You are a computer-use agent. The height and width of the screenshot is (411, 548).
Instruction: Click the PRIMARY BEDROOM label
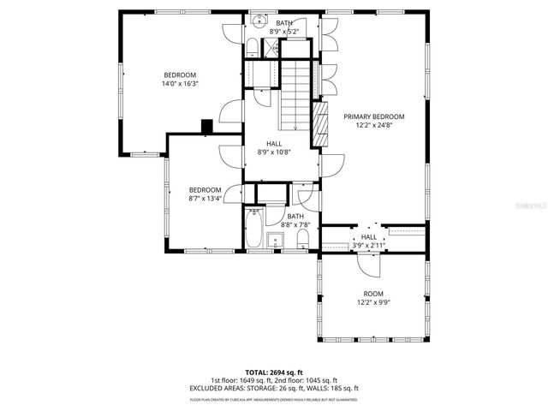(374, 116)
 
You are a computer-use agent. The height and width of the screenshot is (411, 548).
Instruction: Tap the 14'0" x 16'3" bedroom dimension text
(179, 84)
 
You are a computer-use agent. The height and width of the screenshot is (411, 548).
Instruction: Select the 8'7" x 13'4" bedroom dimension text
(205, 199)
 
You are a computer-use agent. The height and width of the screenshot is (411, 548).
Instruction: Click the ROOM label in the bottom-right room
(373, 293)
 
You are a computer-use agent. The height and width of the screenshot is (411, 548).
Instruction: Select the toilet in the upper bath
(256, 46)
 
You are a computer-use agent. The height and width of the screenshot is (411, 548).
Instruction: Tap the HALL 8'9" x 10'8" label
(274, 147)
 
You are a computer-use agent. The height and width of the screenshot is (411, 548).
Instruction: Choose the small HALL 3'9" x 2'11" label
(369, 241)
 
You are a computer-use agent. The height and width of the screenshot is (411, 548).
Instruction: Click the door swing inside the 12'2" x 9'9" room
(367, 266)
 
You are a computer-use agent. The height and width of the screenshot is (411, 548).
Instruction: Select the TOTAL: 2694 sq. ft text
(274, 372)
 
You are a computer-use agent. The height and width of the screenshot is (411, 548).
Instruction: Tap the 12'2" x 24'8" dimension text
(374, 124)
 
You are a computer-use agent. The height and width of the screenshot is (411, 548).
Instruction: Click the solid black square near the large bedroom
(206, 125)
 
